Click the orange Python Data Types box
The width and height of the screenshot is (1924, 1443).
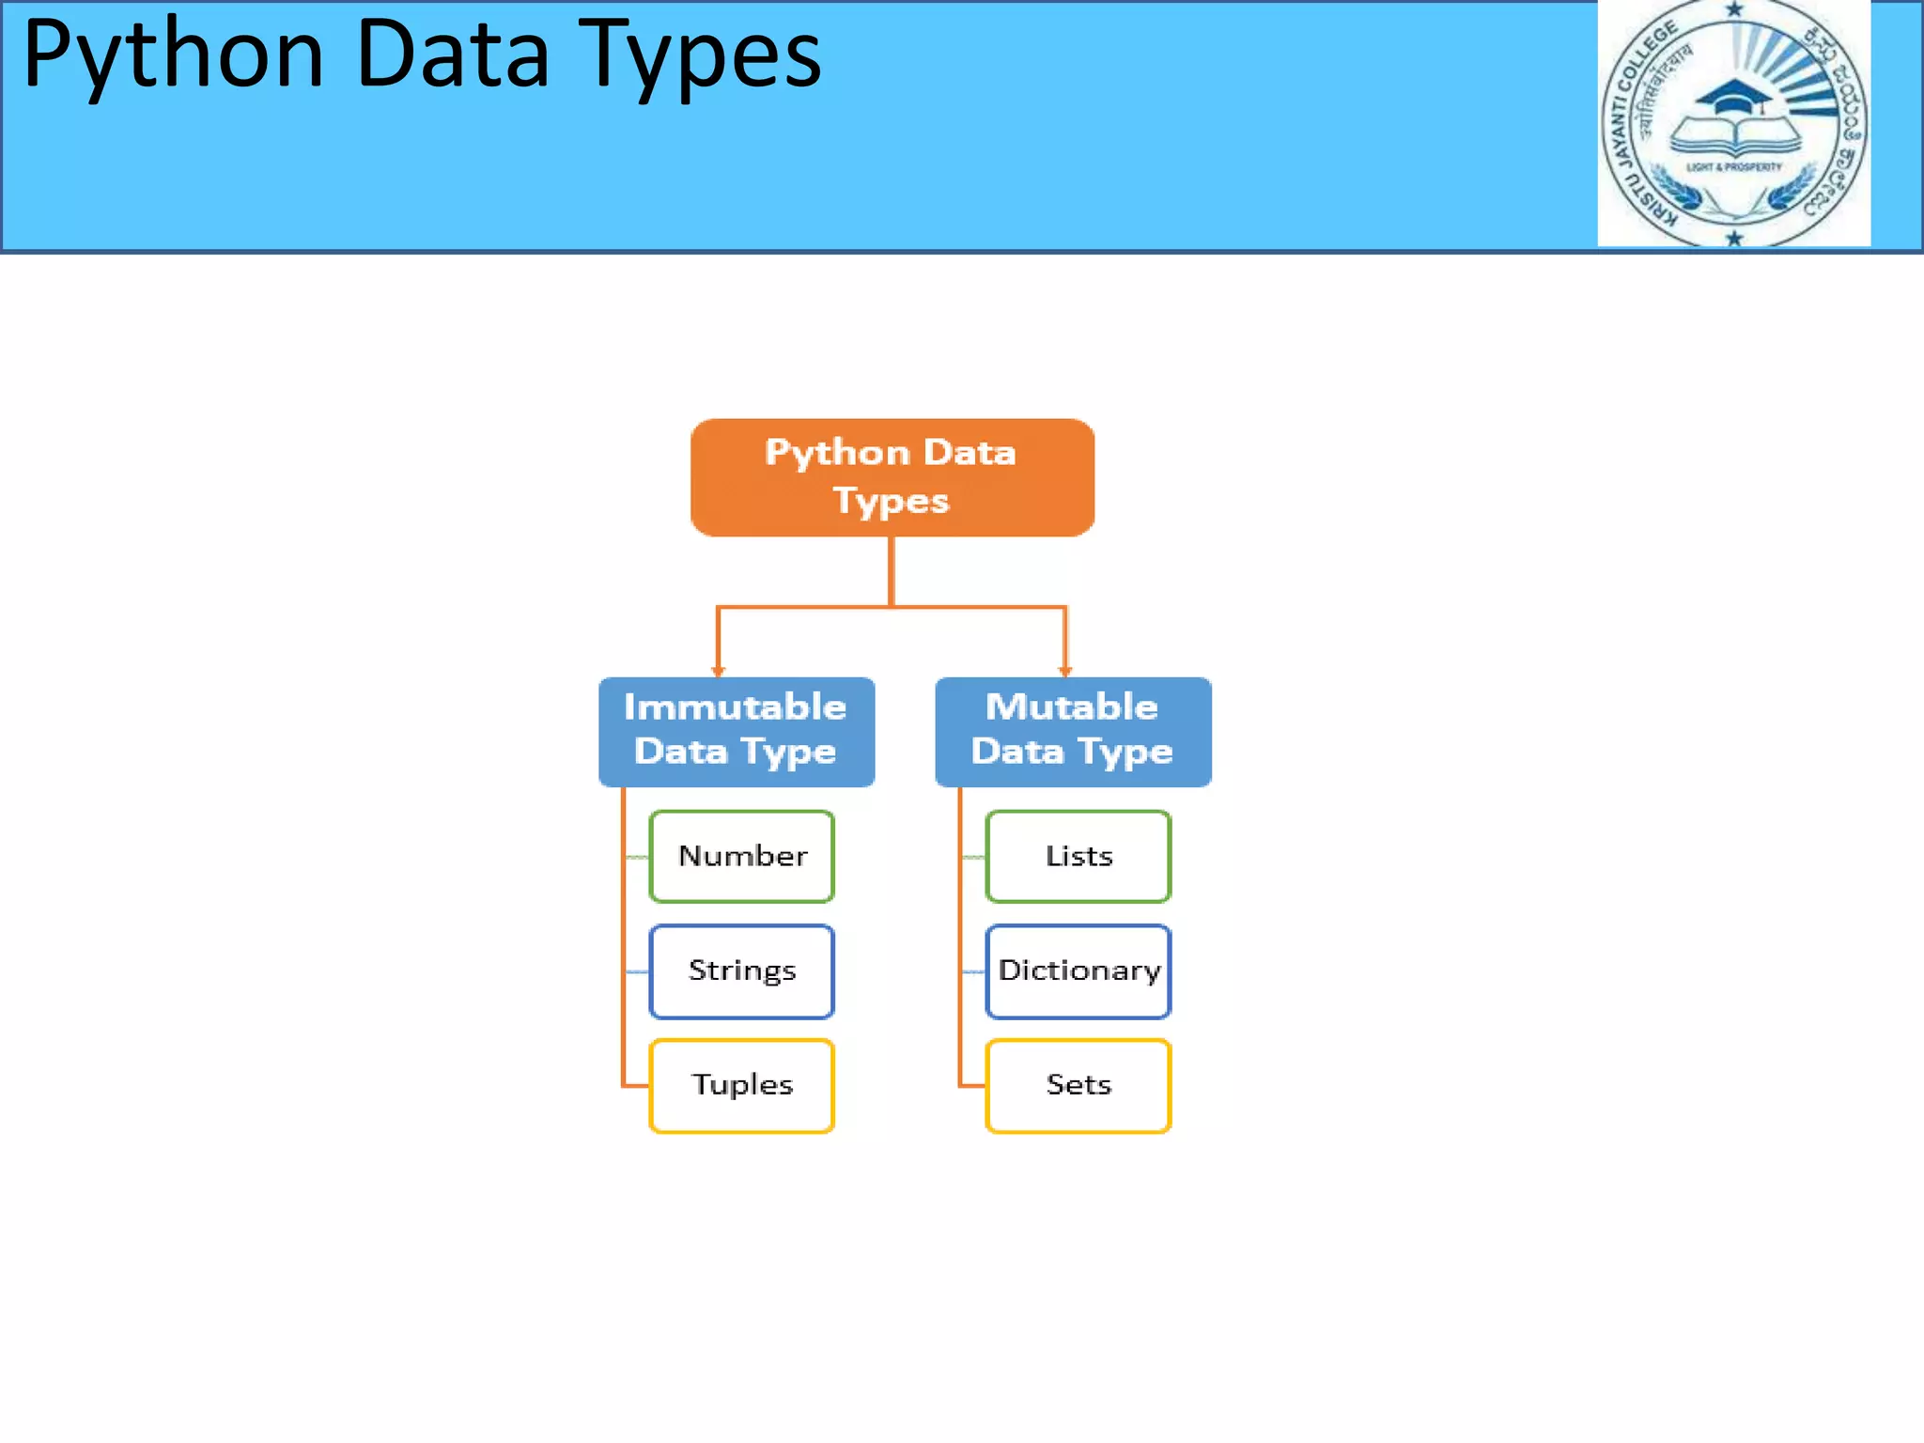pos(892,477)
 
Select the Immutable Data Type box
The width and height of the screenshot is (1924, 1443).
pos(736,731)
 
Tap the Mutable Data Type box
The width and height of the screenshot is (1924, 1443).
pos(1073,731)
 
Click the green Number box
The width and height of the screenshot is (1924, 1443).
pos(741,856)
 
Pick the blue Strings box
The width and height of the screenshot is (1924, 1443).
pos(741,970)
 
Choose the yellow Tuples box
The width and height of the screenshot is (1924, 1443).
pos(741,1085)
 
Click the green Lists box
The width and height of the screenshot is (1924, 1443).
pos(1078,856)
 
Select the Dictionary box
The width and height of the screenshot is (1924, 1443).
pos(1078,970)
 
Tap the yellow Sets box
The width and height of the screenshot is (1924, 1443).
pos(1078,1085)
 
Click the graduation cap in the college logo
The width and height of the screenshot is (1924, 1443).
pos(1734,99)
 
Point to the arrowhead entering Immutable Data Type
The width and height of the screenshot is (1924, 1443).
pos(718,670)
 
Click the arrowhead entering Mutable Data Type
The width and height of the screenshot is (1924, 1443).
pos(1064,670)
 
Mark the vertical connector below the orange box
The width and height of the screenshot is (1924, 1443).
pos(892,570)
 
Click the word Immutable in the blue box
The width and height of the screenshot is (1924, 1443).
pos(735,706)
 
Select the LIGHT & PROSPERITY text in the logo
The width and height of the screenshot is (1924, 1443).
pos(1733,167)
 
